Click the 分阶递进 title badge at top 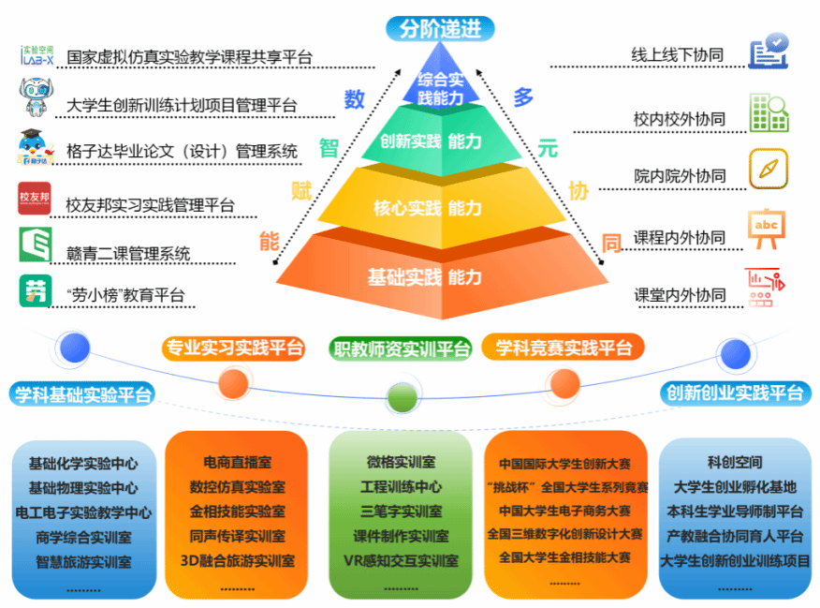click(440, 29)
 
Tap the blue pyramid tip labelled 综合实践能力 click(439, 87)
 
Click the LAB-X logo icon click(37, 55)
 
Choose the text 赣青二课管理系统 click(128, 253)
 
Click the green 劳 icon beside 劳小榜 click(36, 290)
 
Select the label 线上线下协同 click(678, 56)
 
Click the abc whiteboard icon click(768, 229)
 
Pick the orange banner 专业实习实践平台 click(233, 348)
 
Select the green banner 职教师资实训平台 click(402, 349)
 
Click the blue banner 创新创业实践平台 click(735, 392)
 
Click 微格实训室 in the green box click(401, 462)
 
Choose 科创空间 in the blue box click(735, 462)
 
